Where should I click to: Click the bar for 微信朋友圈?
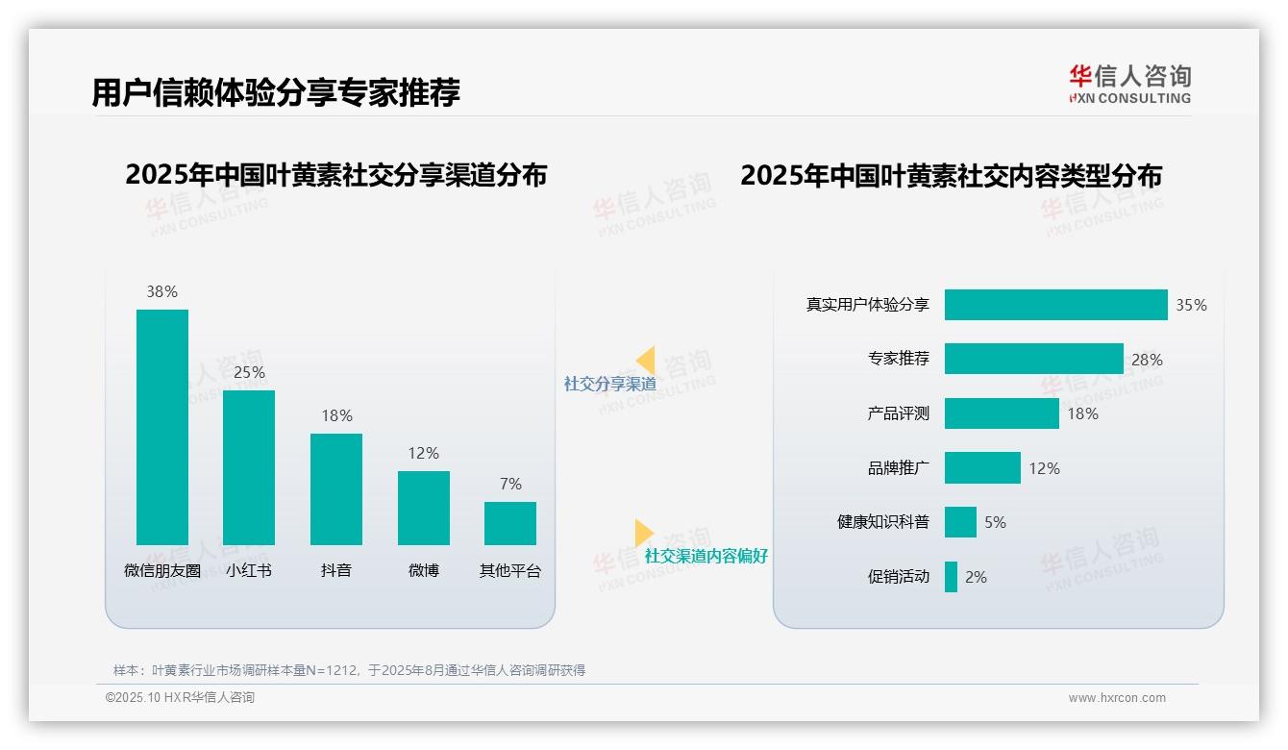(x=161, y=427)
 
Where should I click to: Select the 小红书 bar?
(x=249, y=467)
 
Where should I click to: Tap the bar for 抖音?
(x=336, y=488)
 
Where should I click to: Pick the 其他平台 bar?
(x=510, y=523)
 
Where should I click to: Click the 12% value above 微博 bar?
(x=423, y=453)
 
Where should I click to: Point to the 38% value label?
(x=161, y=291)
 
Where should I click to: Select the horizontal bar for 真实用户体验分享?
(x=1055, y=305)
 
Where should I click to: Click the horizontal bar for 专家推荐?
(x=1033, y=359)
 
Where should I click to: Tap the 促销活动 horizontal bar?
(x=951, y=577)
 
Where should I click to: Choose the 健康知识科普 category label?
(x=882, y=522)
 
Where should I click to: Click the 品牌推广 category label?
(x=898, y=468)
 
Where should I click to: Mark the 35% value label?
(x=1191, y=306)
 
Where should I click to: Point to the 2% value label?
(x=976, y=577)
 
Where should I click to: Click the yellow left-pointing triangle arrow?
(x=646, y=361)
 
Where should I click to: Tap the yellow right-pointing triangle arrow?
(x=643, y=533)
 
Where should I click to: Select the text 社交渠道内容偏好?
(x=706, y=556)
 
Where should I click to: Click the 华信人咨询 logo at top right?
(x=1129, y=84)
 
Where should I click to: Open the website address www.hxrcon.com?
(x=1117, y=698)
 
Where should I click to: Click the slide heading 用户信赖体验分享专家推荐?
(x=276, y=92)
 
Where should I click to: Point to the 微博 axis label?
(x=423, y=570)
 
